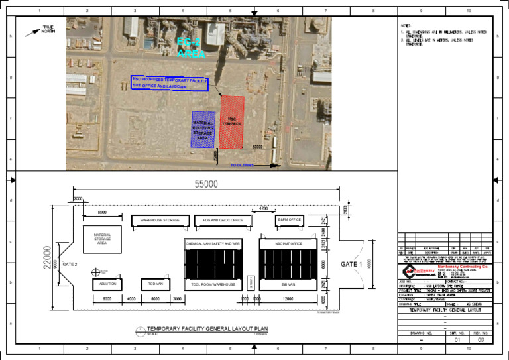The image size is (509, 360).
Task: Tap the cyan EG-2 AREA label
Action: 191,48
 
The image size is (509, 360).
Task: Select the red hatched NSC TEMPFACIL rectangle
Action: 232,121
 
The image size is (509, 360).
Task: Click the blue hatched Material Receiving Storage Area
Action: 203,129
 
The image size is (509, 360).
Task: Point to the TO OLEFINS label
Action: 242,166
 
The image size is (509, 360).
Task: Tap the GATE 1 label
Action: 351,264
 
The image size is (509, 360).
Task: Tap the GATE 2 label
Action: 70,265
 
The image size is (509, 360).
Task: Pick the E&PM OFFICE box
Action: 289,219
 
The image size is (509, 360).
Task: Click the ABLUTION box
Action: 107,284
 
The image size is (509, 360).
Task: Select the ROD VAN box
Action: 156,284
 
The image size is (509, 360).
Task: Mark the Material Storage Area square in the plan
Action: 103,239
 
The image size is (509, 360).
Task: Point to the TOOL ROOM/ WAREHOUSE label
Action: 213,284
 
